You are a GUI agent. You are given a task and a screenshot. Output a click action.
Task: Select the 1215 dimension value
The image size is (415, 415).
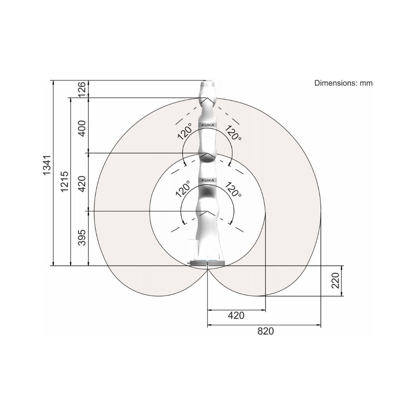pyautogui.click(x=64, y=181)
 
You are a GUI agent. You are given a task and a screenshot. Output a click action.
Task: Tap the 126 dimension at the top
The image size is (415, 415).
pyautogui.click(x=82, y=89)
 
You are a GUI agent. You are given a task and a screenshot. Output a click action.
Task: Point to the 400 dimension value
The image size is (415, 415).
pyautogui.click(x=82, y=128)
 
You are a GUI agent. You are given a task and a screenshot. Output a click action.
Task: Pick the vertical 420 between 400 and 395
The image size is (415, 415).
pyautogui.click(x=82, y=184)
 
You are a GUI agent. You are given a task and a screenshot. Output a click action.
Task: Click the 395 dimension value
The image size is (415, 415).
pyautogui.click(x=82, y=237)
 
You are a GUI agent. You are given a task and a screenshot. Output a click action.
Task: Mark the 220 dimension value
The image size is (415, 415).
pyautogui.click(x=335, y=280)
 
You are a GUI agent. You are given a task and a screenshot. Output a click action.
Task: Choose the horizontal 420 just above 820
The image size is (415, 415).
pyautogui.click(x=236, y=315)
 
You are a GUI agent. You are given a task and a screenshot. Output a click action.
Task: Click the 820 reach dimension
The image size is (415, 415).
pyautogui.click(x=266, y=331)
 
